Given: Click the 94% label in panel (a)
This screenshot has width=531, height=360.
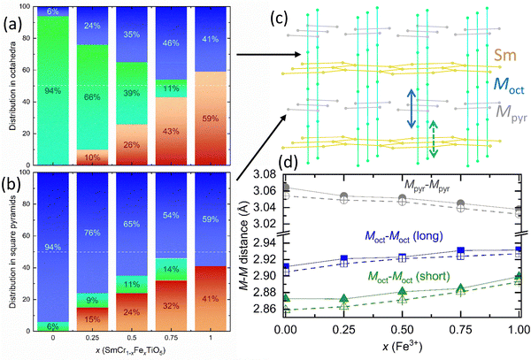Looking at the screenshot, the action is click(53, 91).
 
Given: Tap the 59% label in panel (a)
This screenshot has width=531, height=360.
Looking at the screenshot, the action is click(211, 119).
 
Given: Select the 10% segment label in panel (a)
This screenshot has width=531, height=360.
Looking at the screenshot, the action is click(92, 157).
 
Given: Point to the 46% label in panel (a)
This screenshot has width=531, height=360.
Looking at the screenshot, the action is click(171, 43).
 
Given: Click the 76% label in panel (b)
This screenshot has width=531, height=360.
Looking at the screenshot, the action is click(92, 234).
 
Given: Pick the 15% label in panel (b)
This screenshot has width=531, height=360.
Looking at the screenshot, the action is click(92, 319).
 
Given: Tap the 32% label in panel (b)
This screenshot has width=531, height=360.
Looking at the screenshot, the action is click(171, 306).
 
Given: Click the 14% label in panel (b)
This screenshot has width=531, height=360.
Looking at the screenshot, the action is click(171, 269).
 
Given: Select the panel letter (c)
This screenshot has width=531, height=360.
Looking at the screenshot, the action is click(280, 19).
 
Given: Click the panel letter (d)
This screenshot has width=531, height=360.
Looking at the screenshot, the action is click(289, 163).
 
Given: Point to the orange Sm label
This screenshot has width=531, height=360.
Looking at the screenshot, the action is click(505, 55).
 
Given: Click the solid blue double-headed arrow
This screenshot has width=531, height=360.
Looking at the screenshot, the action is click(412, 109).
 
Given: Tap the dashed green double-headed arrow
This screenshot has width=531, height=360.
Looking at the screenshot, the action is click(433, 139).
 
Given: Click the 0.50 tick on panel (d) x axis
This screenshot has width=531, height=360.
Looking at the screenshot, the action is click(403, 329).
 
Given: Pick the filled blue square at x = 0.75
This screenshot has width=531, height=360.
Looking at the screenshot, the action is click(460, 250).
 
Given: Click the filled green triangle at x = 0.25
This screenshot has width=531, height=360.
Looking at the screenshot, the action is click(344, 298).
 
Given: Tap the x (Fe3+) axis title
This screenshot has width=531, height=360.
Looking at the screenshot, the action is click(403, 347).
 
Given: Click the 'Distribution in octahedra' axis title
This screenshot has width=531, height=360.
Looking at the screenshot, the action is click(13, 86).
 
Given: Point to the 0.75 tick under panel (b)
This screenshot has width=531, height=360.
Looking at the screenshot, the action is click(171, 338).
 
